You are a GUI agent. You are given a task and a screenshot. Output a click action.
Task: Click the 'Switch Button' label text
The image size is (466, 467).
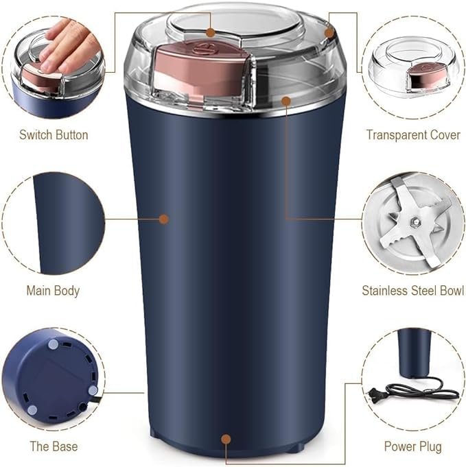pyautogui.click(x=54, y=134)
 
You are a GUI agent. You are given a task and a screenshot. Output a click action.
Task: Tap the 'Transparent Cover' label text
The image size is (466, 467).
pyautogui.click(x=412, y=134)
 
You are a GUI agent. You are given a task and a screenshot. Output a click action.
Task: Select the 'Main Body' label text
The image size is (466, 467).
pyautogui.click(x=53, y=290)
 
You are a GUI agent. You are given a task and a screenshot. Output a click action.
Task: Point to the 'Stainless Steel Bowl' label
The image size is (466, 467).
pyautogui.click(x=412, y=290)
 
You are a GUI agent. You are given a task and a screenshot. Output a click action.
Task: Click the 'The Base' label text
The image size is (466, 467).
pyautogui.click(x=53, y=446)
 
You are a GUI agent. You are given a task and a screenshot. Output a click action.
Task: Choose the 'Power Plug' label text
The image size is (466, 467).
pyautogui.click(x=412, y=446)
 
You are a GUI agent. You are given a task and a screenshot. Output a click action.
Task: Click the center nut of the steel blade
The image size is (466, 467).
pyautogui.click(x=415, y=221)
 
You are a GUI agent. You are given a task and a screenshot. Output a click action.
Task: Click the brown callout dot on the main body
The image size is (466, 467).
pyautogui.click(x=163, y=219)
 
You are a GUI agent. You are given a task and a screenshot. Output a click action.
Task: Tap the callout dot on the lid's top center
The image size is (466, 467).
pyautogui.click(x=211, y=32)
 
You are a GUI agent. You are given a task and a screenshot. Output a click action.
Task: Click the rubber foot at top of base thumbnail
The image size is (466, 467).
pyautogui.click(x=54, y=342)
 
